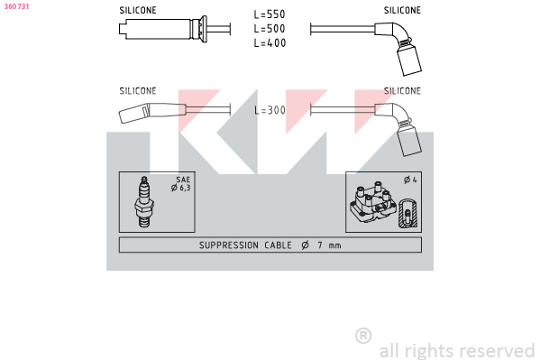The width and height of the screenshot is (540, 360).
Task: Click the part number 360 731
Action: coord(16,6)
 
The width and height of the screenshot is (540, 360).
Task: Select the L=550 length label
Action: coord(270,14)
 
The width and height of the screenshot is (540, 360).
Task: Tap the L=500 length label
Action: coord(270,29)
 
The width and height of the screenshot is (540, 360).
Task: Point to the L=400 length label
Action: coord(270,42)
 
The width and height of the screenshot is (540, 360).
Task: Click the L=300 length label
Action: coord(270,110)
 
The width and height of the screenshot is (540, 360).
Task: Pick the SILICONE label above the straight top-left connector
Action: coord(138,10)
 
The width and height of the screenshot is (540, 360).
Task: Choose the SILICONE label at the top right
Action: coord(402,10)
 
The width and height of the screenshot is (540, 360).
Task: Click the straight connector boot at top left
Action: coord(163,29)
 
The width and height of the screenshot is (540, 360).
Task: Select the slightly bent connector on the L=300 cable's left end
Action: coord(152,112)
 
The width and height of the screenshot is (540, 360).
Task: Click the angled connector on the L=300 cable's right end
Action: coord(399,127)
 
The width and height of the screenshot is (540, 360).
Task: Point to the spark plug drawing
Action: coord(144,202)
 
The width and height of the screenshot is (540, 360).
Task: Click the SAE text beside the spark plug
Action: coord(183,180)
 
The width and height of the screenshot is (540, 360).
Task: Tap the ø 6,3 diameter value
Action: coord(181,188)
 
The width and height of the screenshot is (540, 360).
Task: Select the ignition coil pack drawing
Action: coord(373,203)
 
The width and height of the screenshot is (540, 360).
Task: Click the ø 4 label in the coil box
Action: coord(410,180)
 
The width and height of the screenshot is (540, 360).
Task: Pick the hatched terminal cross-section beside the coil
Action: coord(408,213)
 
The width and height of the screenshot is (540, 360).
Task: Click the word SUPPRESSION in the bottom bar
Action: coord(229,245)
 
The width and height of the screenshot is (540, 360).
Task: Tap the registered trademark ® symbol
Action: coord(363,336)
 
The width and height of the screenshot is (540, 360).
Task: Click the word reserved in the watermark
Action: coord(497,351)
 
